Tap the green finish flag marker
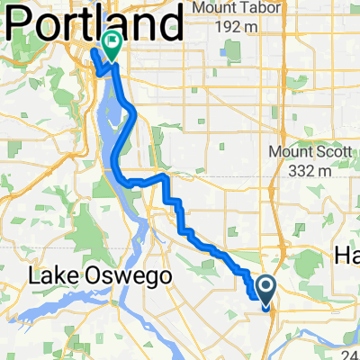(x=113, y=42)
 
